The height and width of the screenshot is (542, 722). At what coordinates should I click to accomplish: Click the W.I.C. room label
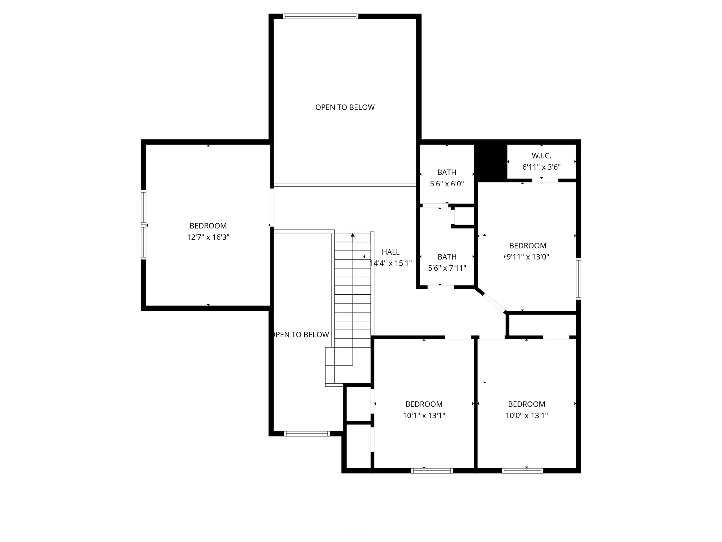(541, 156)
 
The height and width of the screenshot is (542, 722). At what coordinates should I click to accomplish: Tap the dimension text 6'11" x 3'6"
(541, 167)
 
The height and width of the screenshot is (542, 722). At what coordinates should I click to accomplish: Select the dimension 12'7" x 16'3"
(208, 237)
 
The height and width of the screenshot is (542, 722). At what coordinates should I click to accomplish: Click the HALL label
(391, 252)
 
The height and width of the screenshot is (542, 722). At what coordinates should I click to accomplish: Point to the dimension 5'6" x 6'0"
(447, 183)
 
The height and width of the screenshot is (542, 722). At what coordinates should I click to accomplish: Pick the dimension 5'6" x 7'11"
(447, 268)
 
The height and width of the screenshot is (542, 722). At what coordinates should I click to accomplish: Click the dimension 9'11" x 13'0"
(528, 257)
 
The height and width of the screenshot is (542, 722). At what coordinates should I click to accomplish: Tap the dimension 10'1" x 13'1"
(424, 415)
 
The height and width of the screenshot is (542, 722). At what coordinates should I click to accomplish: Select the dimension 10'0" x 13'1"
(527, 415)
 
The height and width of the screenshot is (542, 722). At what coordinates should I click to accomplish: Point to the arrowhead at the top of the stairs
(353, 235)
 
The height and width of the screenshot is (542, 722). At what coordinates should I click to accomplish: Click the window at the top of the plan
(320, 16)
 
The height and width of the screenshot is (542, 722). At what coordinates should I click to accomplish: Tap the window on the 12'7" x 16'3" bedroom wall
(143, 225)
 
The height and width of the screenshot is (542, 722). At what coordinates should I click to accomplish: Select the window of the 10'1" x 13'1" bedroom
(432, 470)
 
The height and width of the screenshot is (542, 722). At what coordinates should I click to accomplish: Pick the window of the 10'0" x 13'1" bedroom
(522, 470)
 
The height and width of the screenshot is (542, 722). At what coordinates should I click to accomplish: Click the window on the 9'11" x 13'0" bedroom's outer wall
(579, 279)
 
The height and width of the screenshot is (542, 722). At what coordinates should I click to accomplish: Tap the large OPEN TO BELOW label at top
(345, 107)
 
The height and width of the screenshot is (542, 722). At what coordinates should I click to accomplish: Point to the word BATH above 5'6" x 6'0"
(447, 172)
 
